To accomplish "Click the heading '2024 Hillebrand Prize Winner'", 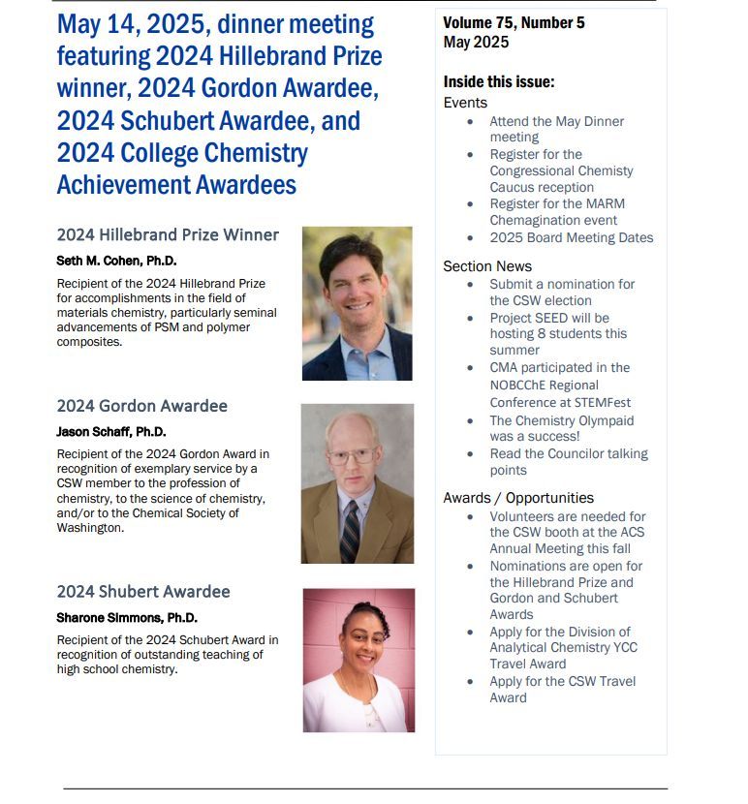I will click(168, 235).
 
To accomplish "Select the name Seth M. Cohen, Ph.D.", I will click(116, 262).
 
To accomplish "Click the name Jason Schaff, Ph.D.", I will click(111, 432).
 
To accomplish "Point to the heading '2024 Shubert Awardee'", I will click(143, 592).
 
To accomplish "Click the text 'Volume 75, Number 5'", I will click(514, 23).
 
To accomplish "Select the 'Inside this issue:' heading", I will click(499, 82).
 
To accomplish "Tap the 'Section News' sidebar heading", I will click(487, 266).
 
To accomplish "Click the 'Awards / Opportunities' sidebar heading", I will click(518, 498).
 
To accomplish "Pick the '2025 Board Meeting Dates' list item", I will click(571, 237).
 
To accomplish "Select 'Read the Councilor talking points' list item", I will click(568, 462).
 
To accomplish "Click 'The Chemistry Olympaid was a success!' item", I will click(560, 429).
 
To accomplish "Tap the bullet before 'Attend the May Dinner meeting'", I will click(471, 122).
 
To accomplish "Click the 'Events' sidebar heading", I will click(465, 103).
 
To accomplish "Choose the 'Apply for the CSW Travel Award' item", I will click(562, 689).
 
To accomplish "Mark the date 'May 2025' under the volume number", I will click(476, 42).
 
